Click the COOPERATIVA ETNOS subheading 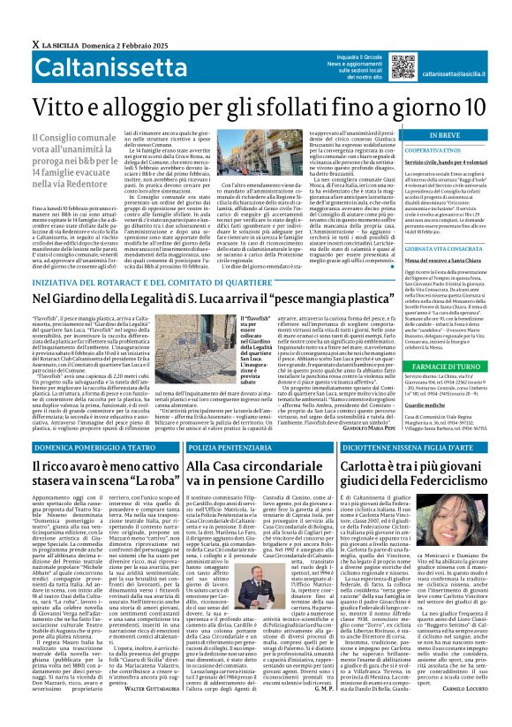[433, 152]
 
